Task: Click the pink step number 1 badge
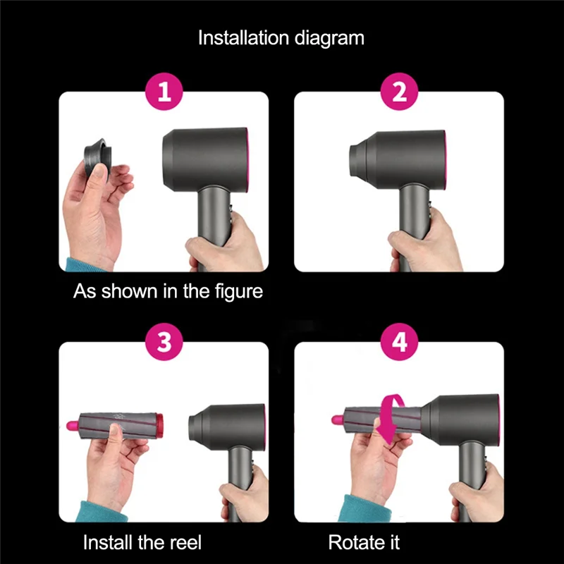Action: click(x=164, y=92)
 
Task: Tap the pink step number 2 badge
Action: click(x=399, y=92)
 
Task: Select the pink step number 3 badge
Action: click(x=164, y=343)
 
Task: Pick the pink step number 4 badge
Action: click(x=399, y=343)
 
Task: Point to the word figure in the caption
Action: click(x=235, y=291)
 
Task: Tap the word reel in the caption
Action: click(x=185, y=542)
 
